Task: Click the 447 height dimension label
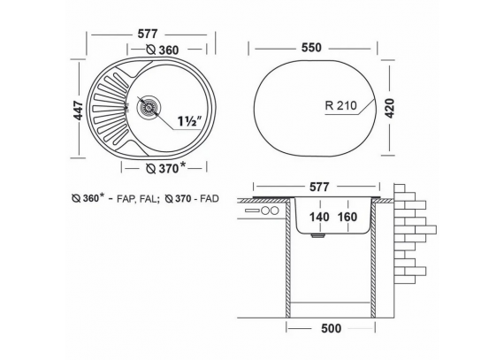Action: tap(78, 111)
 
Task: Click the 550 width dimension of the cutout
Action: tap(311, 48)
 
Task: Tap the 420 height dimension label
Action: tap(389, 108)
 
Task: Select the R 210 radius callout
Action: tap(341, 105)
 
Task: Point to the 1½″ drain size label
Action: tap(190, 121)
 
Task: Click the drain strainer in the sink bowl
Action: tap(149, 106)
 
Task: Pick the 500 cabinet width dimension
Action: tap(331, 328)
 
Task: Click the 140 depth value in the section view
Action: tap(319, 217)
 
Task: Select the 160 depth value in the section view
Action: tap(347, 217)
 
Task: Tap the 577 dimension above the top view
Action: tap(148, 34)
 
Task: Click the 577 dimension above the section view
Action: tap(319, 187)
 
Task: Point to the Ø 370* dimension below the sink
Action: tap(166, 167)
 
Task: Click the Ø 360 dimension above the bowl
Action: tap(163, 50)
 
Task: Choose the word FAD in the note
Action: tap(210, 199)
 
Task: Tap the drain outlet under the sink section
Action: tap(318, 236)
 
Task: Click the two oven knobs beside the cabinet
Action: tap(270, 211)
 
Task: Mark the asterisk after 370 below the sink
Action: tap(182, 165)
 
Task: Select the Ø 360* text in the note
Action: tap(88, 198)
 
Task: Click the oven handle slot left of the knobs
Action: tap(252, 211)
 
